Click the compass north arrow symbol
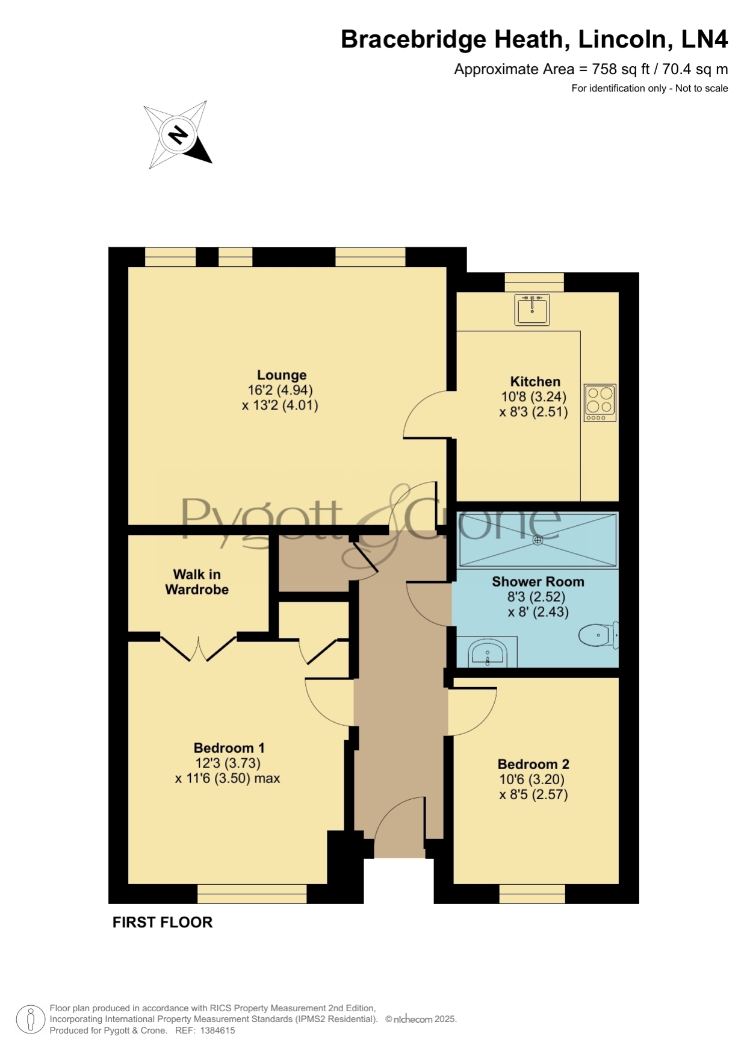click(x=178, y=135)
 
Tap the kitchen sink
click(x=532, y=310)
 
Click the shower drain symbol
click(x=538, y=540)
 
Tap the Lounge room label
click(x=282, y=375)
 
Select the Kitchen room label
click(x=535, y=381)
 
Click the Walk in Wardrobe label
click(x=197, y=582)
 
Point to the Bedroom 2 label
click(x=533, y=764)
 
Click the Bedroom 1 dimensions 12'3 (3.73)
click(x=227, y=763)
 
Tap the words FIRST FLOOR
click(x=163, y=922)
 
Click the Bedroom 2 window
click(x=532, y=894)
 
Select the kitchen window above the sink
click(x=534, y=282)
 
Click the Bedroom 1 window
click(x=252, y=894)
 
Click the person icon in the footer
click(x=31, y=1019)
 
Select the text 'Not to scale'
click(x=702, y=89)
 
